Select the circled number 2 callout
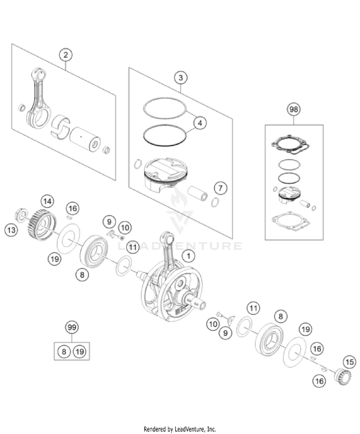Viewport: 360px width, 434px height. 66,55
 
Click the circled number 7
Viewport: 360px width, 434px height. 221,187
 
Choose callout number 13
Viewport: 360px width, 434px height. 11,230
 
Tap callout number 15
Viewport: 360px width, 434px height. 348,362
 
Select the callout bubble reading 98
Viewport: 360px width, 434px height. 293,110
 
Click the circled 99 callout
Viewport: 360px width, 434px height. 72,328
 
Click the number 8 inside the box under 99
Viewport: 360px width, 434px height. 63,352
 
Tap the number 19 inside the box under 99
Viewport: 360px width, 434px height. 80,352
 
